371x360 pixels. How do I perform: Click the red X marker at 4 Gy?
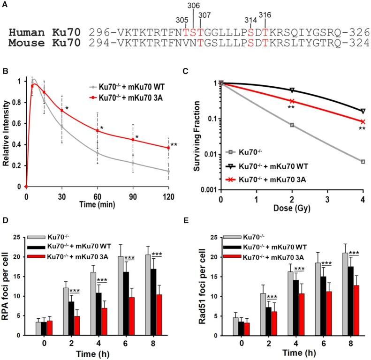[363, 121]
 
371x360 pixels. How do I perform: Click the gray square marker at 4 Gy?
[363, 162]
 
